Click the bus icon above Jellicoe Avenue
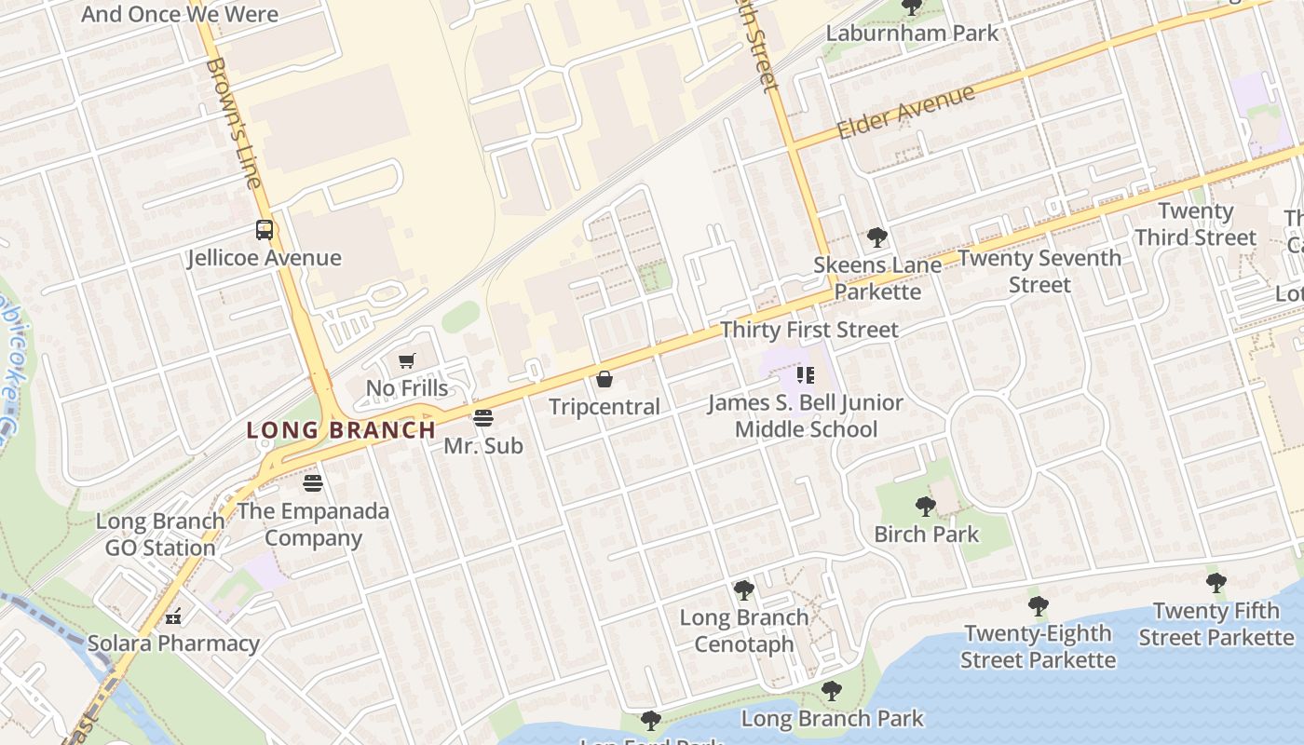click(265, 230)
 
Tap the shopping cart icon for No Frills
click(406, 360)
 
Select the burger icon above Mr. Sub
click(482, 418)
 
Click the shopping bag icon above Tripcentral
click(604, 379)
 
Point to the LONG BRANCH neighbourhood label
click(341, 430)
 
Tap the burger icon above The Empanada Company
click(313, 483)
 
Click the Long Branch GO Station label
click(160, 535)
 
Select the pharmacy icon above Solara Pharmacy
click(173, 616)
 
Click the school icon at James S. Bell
click(806, 375)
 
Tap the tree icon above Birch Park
click(925, 507)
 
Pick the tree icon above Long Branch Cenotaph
click(743, 589)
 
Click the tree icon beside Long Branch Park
click(831, 691)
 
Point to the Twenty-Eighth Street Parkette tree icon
click(1038, 606)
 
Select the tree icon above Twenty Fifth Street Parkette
click(1216, 584)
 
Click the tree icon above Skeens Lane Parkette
click(876, 237)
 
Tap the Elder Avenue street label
click(905, 111)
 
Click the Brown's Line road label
click(233, 122)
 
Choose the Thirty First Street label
click(809, 330)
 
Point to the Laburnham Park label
click(912, 33)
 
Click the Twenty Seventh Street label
click(1039, 271)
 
